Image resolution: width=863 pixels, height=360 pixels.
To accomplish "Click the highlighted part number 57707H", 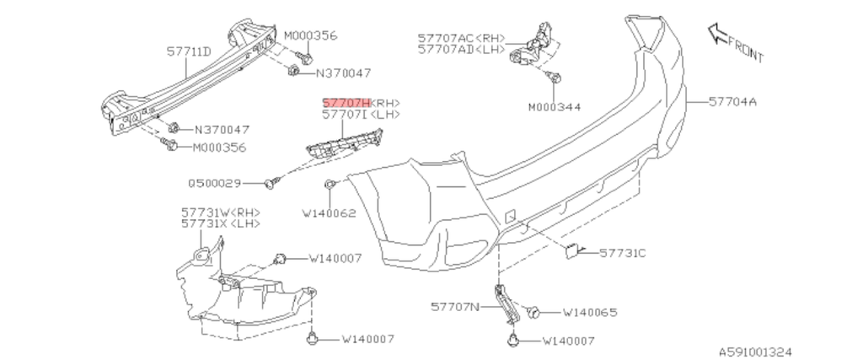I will [x=346, y=101].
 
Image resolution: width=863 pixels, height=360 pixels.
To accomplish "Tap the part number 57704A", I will [x=732, y=102].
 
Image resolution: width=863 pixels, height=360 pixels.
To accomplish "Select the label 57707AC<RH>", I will [x=462, y=38].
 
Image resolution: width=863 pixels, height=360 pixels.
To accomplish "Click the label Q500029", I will [x=215, y=182].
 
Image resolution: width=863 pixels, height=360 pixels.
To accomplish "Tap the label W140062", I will [x=329, y=213].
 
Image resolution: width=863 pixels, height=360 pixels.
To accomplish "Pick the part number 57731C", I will [x=623, y=252].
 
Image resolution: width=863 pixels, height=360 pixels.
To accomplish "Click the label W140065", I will [x=590, y=313].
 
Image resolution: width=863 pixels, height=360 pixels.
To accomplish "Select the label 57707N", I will [x=454, y=306].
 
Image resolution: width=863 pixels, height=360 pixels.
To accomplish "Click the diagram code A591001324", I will [x=755, y=351].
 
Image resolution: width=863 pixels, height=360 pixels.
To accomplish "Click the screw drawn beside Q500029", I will [x=271, y=181].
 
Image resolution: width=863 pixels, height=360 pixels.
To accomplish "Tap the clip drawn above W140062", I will [x=330, y=185].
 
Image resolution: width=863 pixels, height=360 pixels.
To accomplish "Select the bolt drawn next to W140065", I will [x=533, y=312].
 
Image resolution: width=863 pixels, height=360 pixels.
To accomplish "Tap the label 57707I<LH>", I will [x=362, y=113].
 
